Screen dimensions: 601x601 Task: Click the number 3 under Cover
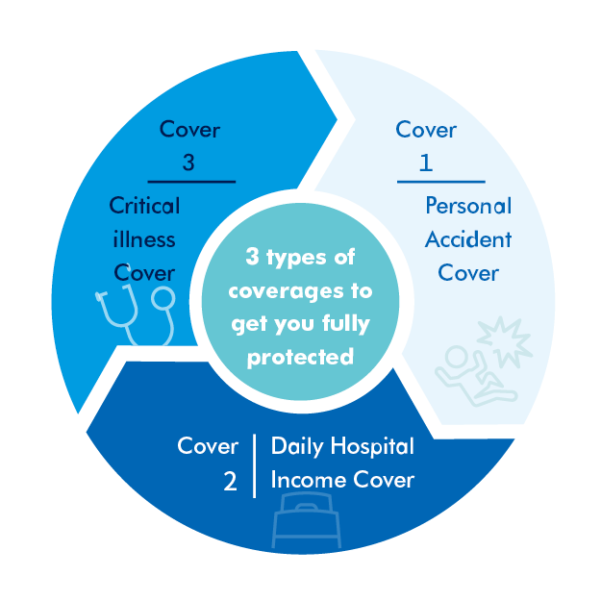pyautogui.click(x=188, y=163)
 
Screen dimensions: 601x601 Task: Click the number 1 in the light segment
pyautogui.click(x=426, y=163)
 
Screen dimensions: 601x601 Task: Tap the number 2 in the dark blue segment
pyautogui.click(x=230, y=481)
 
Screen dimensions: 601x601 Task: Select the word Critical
pyautogui.click(x=144, y=206)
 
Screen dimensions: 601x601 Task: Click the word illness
pyautogui.click(x=144, y=239)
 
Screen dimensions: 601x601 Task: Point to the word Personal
pyautogui.click(x=468, y=206)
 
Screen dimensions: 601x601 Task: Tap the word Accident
pyautogui.click(x=468, y=240)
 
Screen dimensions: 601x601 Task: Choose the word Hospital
pyautogui.click(x=372, y=447)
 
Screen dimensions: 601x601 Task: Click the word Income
pyautogui.click(x=309, y=480)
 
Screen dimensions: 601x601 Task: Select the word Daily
pyautogui.click(x=297, y=447)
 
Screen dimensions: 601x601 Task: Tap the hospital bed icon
pyautogui.click(x=306, y=520)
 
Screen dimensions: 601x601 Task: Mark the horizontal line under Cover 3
pyautogui.click(x=191, y=182)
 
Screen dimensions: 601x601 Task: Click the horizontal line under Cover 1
pyautogui.click(x=441, y=182)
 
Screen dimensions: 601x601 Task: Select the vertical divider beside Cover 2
pyautogui.click(x=255, y=466)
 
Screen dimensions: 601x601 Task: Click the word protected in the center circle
pyautogui.click(x=300, y=358)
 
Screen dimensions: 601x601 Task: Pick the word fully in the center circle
pyautogui.click(x=346, y=324)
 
